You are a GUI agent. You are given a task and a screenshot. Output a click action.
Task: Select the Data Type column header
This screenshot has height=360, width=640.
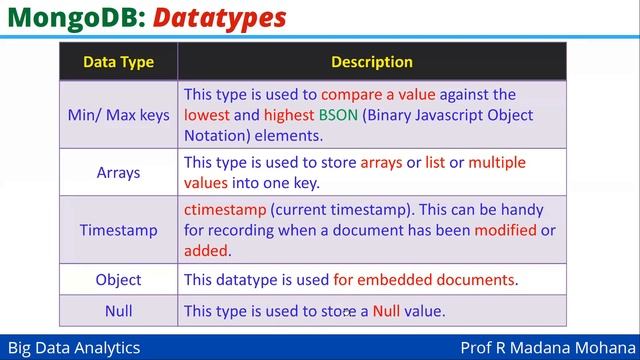[118, 62]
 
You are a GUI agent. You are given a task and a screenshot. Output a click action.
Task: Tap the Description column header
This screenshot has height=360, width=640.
[372, 62]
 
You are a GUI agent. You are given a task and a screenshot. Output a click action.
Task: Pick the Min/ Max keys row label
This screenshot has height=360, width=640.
[118, 115]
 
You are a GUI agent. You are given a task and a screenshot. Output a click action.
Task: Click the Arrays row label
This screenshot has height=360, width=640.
[118, 172]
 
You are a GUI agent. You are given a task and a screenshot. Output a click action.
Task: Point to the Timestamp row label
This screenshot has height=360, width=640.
[118, 230]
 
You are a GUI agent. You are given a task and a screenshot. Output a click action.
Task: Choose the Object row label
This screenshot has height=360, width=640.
[118, 280]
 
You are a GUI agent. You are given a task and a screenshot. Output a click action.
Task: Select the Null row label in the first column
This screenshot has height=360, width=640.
[118, 311]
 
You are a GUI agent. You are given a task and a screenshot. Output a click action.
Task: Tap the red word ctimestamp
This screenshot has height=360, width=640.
[224, 210]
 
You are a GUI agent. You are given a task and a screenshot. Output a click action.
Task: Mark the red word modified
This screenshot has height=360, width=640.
[505, 230]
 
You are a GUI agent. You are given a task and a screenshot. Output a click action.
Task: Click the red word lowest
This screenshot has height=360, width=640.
[207, 115]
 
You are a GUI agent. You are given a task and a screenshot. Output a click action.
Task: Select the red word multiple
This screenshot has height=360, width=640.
[497, 162]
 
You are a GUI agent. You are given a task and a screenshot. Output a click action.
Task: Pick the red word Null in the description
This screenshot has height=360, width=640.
[386, 311]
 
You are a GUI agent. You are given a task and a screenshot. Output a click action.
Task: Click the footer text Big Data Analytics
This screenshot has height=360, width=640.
[71, 348]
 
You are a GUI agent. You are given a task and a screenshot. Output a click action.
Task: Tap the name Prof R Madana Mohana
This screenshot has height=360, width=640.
[545, 348]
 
